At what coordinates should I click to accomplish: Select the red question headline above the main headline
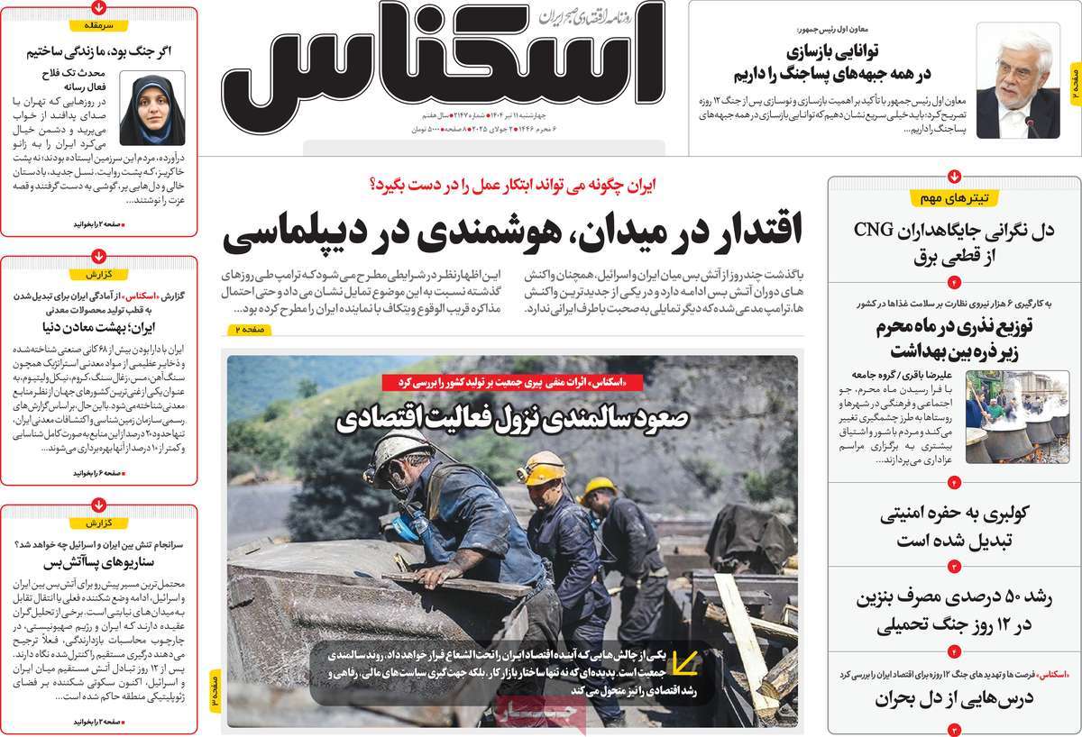pyautogui.click(x=513, y=185)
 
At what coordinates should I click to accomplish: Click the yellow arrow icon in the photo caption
pyautogui.click(x=685, y=665)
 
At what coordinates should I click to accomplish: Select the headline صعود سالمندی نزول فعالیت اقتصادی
pyautogui.click(x=513, y=418)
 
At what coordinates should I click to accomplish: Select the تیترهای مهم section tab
pyautogui.click(x=956, y=197)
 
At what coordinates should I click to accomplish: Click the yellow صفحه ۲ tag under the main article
pyautogui.click(x=250, y=331)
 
